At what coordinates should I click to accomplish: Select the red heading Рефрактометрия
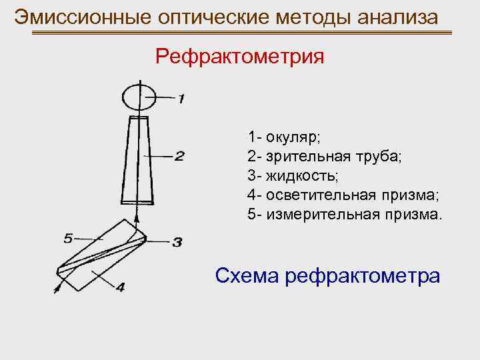240,56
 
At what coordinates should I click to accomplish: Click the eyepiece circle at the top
139,97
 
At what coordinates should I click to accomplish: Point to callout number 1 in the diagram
181,99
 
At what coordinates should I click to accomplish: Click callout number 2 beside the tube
179,157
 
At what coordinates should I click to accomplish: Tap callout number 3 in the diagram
177,242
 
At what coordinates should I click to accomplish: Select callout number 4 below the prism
120,288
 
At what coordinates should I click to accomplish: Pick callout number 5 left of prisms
68,236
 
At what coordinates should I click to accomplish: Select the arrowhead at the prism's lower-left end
57,287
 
